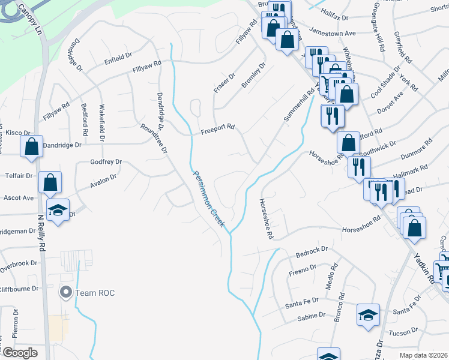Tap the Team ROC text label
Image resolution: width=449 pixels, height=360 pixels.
[95, 293]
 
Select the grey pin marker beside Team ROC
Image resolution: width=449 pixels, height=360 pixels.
[65, 293]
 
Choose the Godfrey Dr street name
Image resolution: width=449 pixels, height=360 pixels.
[106, 162]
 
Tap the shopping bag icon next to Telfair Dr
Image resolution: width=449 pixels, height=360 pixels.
[50, 182]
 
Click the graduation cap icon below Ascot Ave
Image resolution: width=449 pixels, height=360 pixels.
[58, 211]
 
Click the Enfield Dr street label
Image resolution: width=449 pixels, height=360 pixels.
[118, 56]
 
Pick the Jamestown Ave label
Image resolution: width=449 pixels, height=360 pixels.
[333, 32]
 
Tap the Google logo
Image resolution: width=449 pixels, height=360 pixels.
[20, 353]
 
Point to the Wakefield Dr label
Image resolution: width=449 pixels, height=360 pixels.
[102, 123]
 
